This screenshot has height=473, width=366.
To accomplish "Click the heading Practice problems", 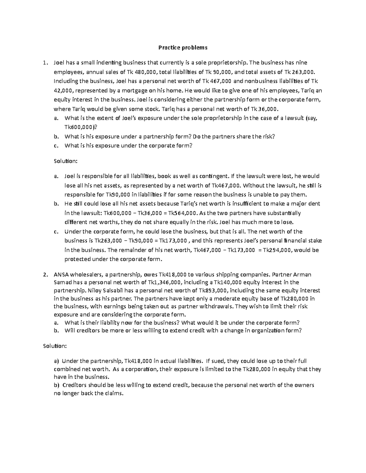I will (x=183, y=48).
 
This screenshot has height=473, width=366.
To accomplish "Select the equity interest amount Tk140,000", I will (x=221, y=282).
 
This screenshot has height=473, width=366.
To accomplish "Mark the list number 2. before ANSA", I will (x=45, y=274).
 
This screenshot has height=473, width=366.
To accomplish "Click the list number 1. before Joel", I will (x=45, y=63).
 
